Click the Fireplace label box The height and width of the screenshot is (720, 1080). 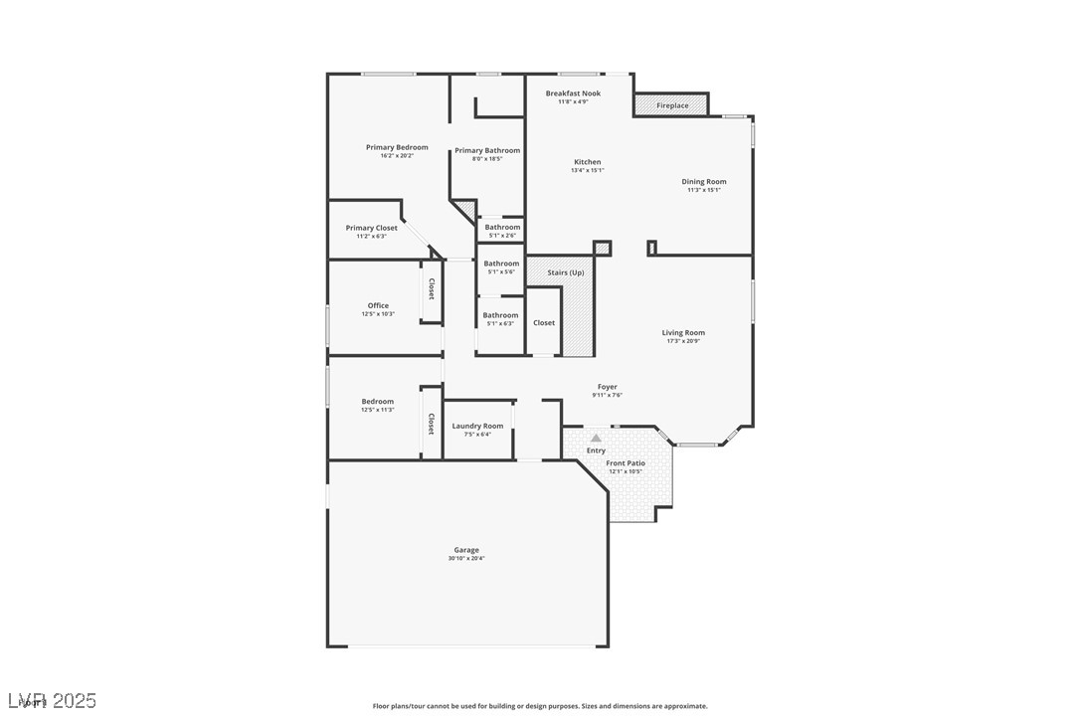[671, 104]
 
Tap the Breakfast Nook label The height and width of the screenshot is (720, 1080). [573, 93]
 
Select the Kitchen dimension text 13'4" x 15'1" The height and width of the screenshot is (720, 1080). [587, 170]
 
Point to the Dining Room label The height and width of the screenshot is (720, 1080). [703, 181]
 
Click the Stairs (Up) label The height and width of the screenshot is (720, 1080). [565, 271]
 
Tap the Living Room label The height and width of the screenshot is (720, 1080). [683, 332]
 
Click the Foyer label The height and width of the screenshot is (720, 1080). [607, 387]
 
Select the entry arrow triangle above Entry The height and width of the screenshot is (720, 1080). [596, 438]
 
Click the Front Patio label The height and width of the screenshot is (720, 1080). [626, 462]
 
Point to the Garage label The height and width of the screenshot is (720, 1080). [466, 550]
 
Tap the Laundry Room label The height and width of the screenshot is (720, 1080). [477, 426]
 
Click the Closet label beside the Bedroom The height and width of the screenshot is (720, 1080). [431, 424]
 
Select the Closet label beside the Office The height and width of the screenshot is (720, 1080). [431, 288]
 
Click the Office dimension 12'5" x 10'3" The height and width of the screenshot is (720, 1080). [378, 314]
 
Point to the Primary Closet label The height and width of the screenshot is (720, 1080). [371, 228]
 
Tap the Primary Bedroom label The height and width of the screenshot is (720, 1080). [397, 147]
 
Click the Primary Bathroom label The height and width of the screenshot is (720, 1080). [487, 150]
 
